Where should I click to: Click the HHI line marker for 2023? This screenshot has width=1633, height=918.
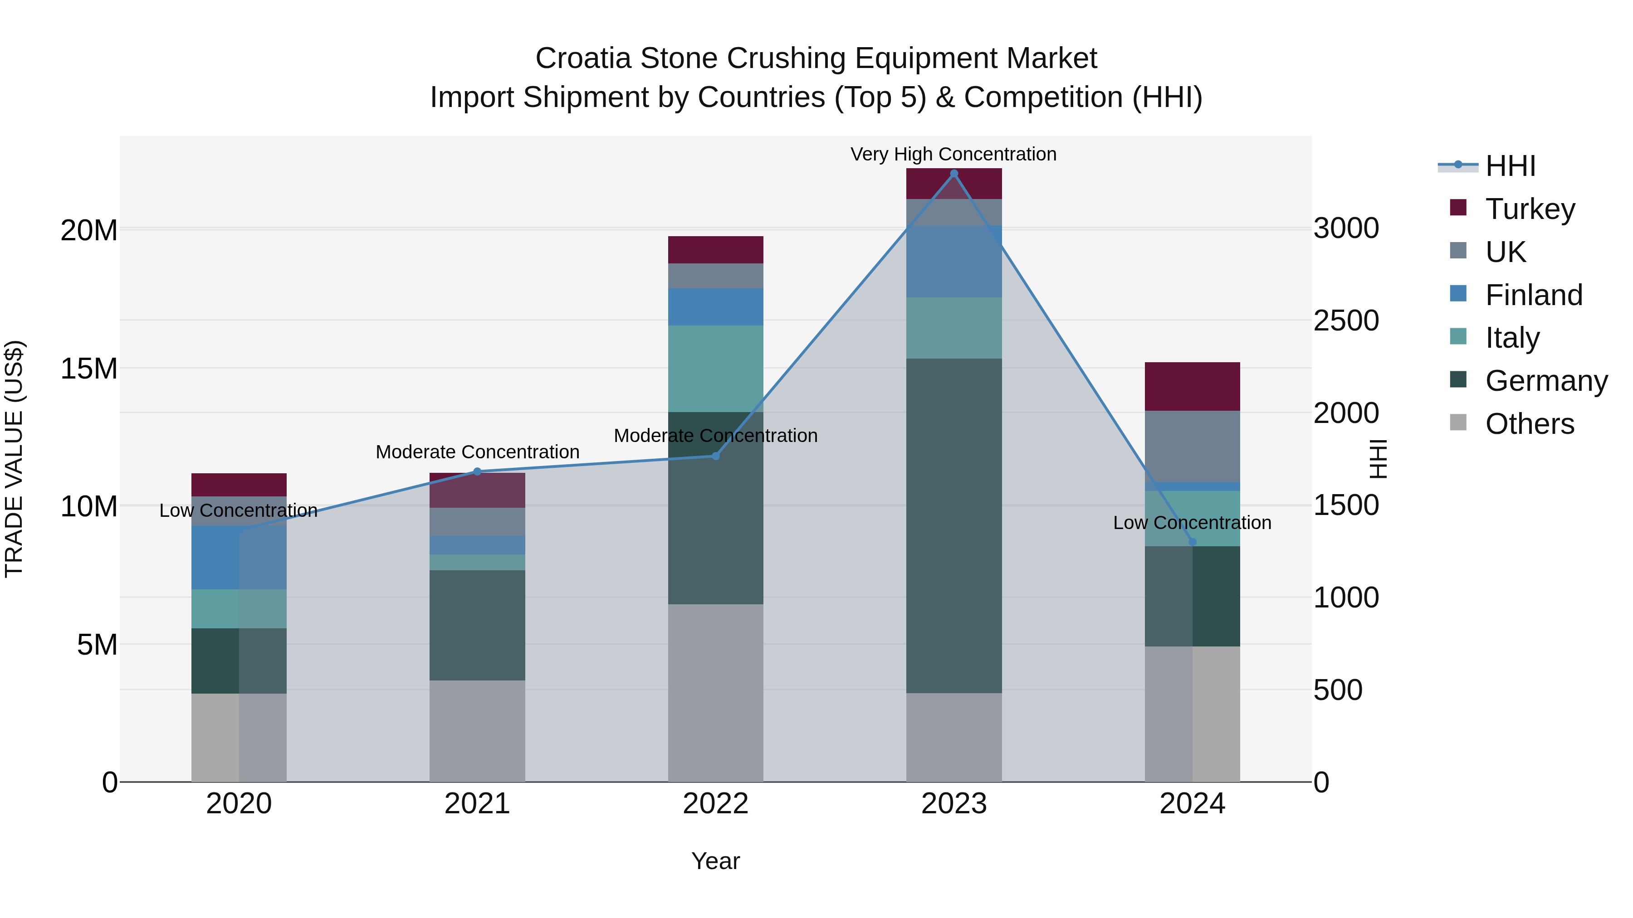[x=953, y=174]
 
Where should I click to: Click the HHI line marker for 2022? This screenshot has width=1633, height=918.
[x=716, y=456]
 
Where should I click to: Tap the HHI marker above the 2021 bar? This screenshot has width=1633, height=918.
[x=477, y=471]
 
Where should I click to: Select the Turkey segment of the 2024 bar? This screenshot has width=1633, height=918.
[x=1192, y=386]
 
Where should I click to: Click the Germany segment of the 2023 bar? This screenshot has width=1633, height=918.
[x=953, y=526]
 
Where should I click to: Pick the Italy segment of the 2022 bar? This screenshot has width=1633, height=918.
[x=716, y=369]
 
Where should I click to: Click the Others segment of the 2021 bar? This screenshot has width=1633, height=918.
[x=477, y=731]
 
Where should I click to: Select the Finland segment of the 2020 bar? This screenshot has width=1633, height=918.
[x=215, y=558]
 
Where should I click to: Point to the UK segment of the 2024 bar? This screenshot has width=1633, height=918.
[x=1192, y=446]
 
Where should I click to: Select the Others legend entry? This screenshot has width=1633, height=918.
[x=1529, y=424]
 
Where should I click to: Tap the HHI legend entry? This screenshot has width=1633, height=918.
[x=1509, y=166]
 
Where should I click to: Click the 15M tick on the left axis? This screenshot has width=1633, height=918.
[x=89, y=368]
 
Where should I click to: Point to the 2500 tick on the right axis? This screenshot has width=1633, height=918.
[x=1346, y=321]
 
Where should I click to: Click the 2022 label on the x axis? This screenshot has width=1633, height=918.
[x=716, y=804]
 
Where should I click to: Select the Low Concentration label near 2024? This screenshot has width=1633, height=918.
[x=1192, y=523]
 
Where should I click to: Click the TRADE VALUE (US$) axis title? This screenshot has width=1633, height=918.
[x=14, y=459]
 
